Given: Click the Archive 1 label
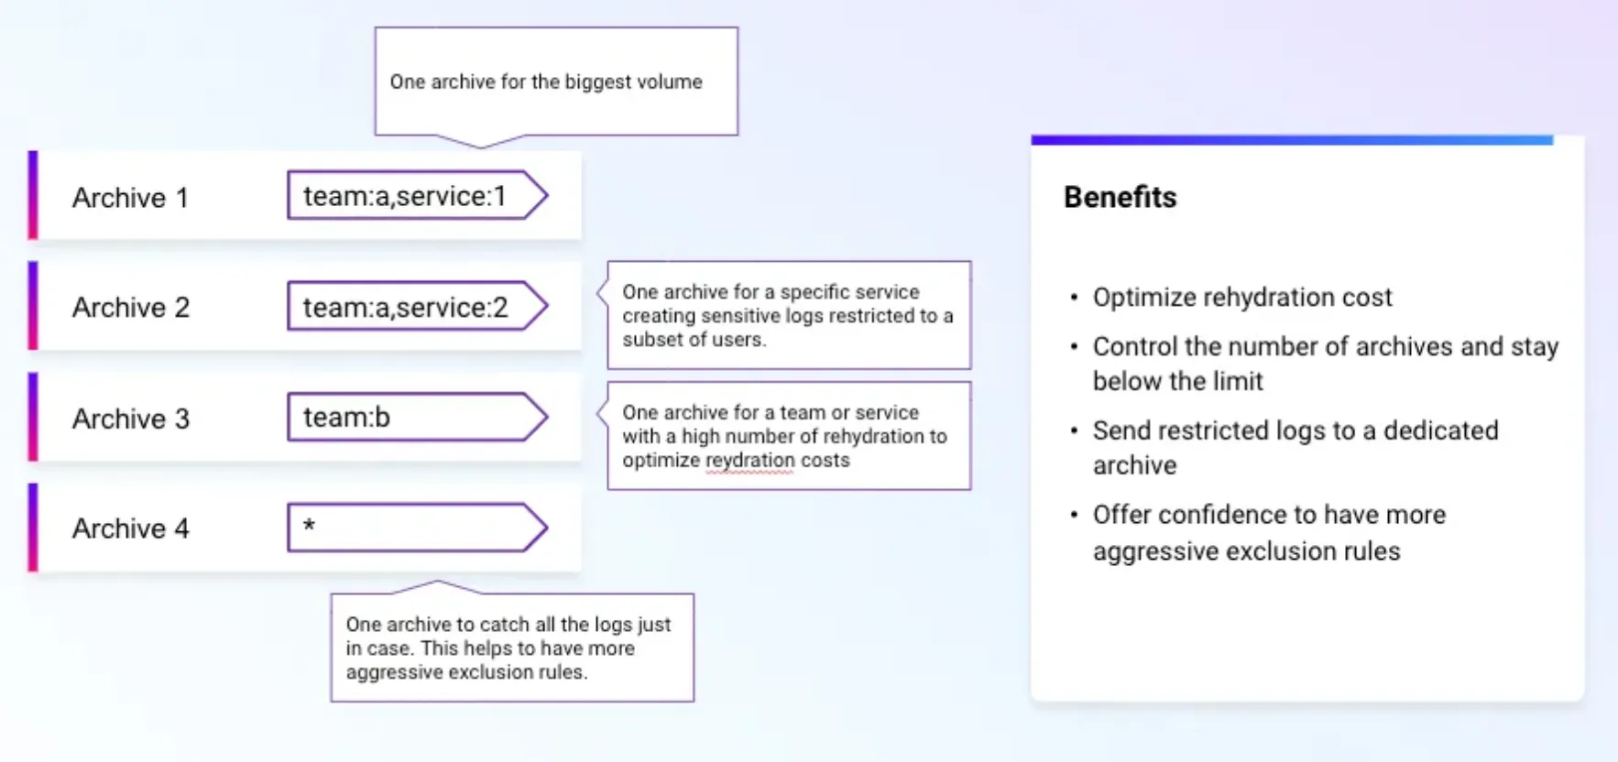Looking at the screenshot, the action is click(x=130, y=198).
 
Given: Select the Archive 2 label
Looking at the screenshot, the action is click(x=131, y=308).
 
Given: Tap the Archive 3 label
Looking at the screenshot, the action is click(x=131, y=419).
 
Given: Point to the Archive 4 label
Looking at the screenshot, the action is click(x=131, y=528).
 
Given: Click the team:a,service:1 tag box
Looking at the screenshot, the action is click(x=418, y=195).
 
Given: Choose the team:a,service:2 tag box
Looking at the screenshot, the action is click(x=418, y=307).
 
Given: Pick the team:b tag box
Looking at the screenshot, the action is click(x=418, y=418).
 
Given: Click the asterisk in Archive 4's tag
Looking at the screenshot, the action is click(x=309, y=525).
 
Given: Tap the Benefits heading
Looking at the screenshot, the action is click(x=1120, y=197).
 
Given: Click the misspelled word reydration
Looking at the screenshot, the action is click(x=749, y=461).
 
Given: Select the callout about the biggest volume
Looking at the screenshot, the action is click(x=556, y=82).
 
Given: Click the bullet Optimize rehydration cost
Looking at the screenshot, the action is click(x=1242, y=298).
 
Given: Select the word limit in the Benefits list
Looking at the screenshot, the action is click(x=1241, y=381).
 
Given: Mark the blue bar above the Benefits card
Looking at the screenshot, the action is click(x=1292, y=140).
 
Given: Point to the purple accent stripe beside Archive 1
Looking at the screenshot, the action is click(x=33, y=195).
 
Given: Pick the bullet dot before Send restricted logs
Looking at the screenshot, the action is click(x=1074, y=430).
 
